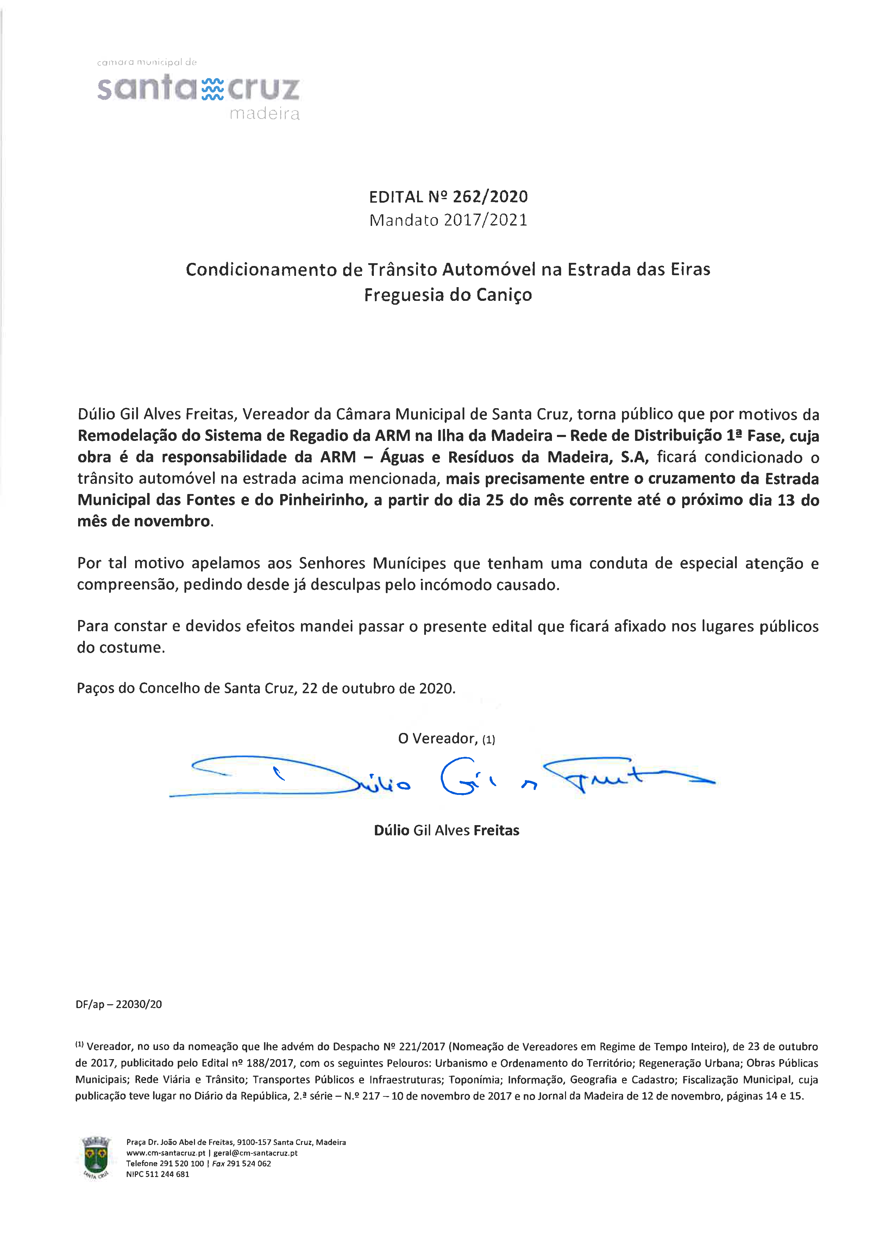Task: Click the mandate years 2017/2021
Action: (486, 220)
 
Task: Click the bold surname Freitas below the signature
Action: (496, 830)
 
